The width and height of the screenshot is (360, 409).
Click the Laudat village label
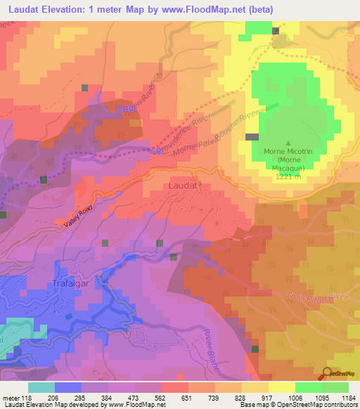[x=184, y=186]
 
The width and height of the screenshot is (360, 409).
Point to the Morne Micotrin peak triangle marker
[x=288, y=143]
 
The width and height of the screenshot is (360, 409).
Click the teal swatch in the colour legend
[x=41, y=387]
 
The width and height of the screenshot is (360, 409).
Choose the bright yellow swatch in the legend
[x=281, y=387]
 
